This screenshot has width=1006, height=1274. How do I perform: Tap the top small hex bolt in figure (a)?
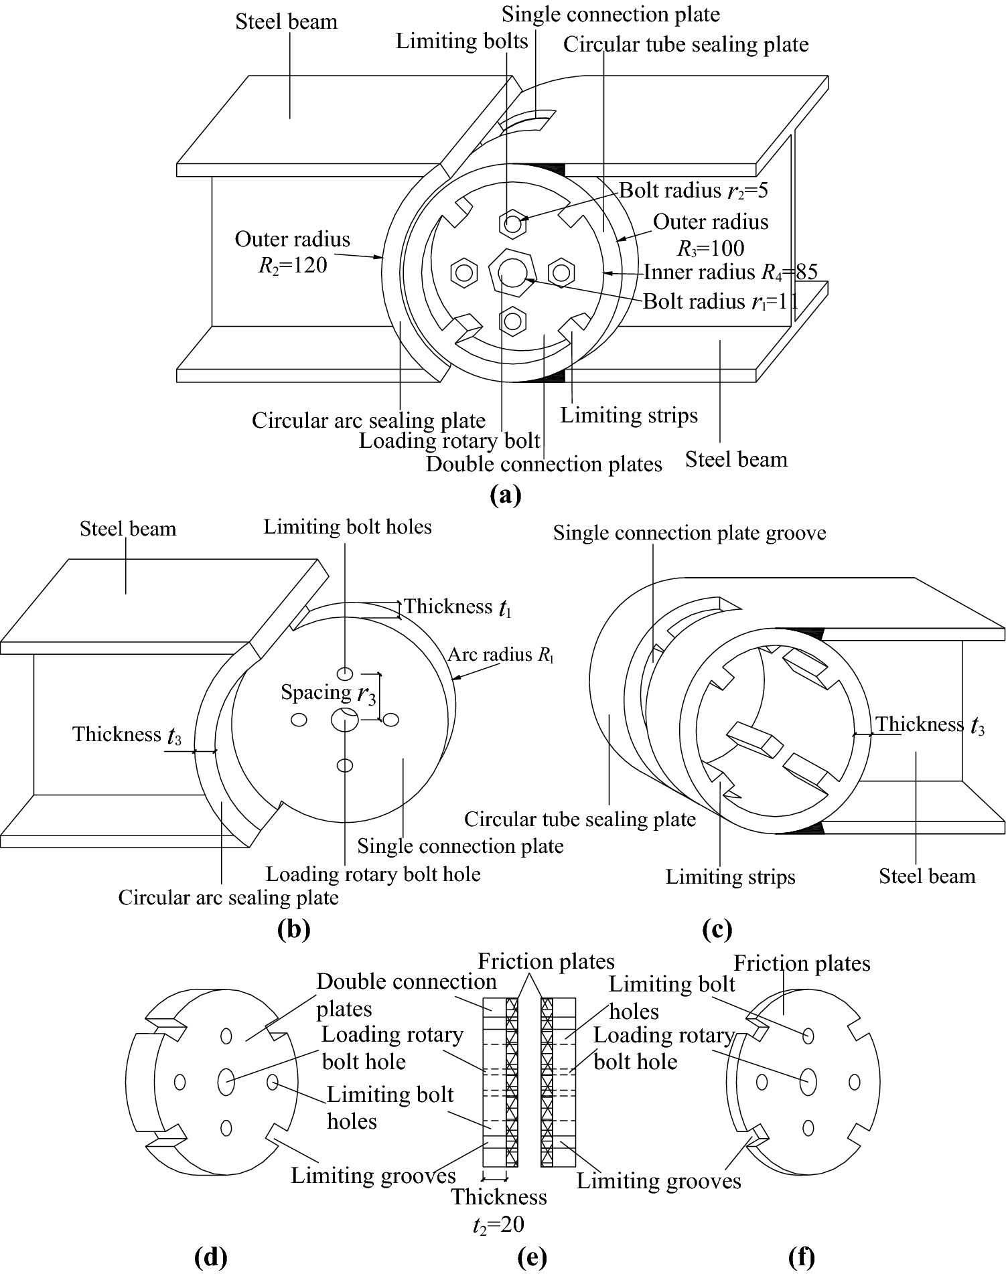512,224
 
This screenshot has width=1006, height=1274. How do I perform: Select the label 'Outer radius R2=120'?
292,252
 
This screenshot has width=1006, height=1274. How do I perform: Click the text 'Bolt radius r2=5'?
693,191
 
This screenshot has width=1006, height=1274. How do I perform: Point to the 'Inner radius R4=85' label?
730,272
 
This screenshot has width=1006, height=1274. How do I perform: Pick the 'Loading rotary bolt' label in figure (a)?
449,441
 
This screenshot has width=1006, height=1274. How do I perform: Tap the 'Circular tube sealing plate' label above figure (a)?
685,45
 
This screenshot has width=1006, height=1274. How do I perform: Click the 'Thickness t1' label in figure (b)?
457,607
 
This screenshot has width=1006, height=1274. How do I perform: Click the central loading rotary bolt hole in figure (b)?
344,720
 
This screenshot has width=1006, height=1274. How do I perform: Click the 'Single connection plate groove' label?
689,533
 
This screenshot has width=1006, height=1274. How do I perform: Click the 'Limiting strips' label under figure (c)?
730,877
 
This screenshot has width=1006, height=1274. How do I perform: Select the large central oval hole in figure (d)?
226,1081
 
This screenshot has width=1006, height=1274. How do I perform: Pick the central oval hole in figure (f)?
808,1081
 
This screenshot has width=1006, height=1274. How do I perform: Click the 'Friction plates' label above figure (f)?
802,963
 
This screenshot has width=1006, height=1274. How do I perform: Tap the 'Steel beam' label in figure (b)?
127,529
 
